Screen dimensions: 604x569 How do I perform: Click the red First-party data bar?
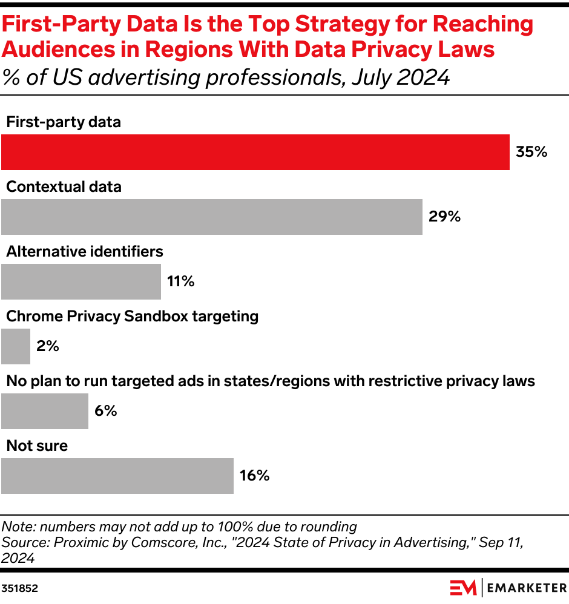tap(255, 152)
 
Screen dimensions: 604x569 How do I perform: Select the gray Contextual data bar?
tap(211, 217)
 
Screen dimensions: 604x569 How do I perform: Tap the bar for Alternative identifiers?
tap(81, 281)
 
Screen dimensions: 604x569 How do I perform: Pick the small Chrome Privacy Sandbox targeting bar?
tap(16, 346)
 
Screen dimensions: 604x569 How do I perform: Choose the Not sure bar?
tap(117, 476)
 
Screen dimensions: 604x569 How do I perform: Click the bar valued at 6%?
tap(45, 411)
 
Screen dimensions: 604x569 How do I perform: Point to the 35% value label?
tap(531, 152)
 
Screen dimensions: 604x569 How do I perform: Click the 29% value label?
tap(444, 217)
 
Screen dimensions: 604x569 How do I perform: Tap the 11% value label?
tap(180, 281)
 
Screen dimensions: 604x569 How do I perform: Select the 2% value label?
tap(47, 346)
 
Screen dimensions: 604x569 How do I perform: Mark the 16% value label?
tap(254, 476)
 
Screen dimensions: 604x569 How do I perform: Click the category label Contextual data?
tap(64, 186)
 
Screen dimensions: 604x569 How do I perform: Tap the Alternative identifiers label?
tap(85, 251)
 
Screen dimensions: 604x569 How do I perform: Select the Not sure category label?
tap(37, 445)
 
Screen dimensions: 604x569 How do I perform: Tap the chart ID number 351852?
tap(19, 588)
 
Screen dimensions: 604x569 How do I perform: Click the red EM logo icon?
tap(463, 587)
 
